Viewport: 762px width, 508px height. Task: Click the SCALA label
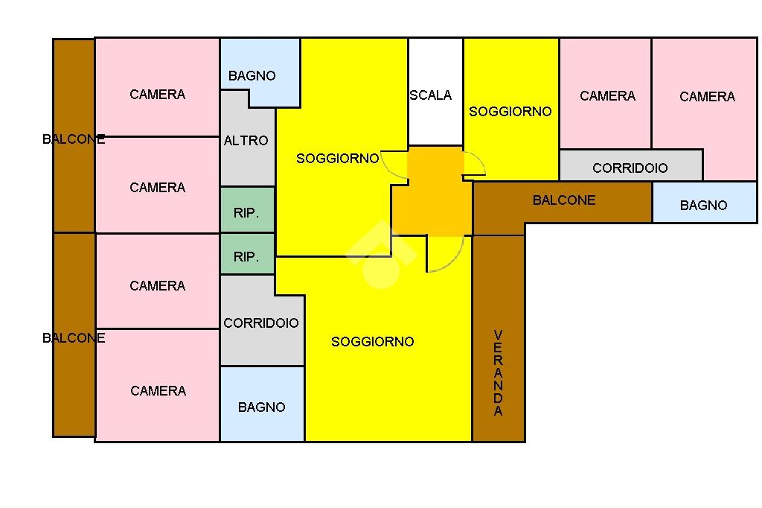430,95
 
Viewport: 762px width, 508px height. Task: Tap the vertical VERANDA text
498,372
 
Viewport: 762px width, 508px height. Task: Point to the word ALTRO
246,140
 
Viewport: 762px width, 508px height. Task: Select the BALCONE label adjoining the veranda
564,200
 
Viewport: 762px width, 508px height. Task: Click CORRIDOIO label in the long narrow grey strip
630,168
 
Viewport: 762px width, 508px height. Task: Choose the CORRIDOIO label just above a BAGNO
260,323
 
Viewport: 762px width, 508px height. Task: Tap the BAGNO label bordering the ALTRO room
252,75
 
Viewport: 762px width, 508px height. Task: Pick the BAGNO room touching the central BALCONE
703,204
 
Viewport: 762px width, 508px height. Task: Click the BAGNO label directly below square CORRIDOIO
261,407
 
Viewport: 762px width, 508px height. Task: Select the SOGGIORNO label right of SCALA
510,111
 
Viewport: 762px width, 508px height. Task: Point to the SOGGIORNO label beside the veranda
372,341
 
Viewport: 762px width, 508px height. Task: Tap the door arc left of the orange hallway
394,165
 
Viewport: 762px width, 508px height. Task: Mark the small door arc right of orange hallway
474,164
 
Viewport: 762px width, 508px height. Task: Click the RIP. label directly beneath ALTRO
246,212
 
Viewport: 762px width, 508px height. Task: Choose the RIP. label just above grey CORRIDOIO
246,257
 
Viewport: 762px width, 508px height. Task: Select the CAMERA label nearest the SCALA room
607,95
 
